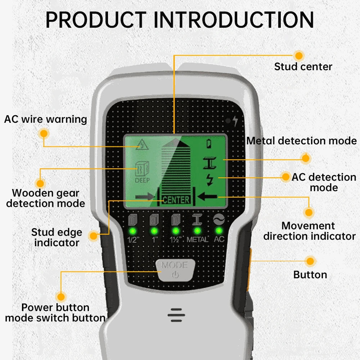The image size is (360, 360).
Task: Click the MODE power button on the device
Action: pos(175,270)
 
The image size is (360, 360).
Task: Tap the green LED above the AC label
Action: pos(219,230)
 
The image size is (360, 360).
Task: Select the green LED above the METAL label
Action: pos(197,230)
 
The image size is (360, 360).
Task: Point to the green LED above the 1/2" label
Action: pos(133,231)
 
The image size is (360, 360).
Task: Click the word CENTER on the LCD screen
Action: pos(176,200)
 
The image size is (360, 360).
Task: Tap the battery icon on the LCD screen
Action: pos(209,144)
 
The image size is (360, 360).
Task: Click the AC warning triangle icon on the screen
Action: pos(142,145)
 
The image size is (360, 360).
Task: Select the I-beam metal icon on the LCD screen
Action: pos(210,163)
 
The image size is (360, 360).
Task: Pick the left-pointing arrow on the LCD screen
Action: pos(207,196)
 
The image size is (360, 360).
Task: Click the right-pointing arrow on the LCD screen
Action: pos(145,197)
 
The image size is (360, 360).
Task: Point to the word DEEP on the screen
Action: pos(142,180)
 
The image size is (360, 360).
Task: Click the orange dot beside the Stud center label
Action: pos(299,55)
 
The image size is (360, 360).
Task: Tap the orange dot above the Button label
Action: pos(310,261)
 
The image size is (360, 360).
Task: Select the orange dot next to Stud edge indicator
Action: pos(94,235)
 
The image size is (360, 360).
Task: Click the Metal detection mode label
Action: pos(301,141)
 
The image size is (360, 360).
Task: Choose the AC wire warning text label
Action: pos(45,120)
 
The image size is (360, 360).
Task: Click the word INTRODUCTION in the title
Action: pos(234,20)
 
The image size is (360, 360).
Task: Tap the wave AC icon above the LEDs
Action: pos(219,219)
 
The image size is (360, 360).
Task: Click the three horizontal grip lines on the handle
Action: pos(176,315)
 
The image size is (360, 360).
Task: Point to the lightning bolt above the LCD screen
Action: pos(235,121)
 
